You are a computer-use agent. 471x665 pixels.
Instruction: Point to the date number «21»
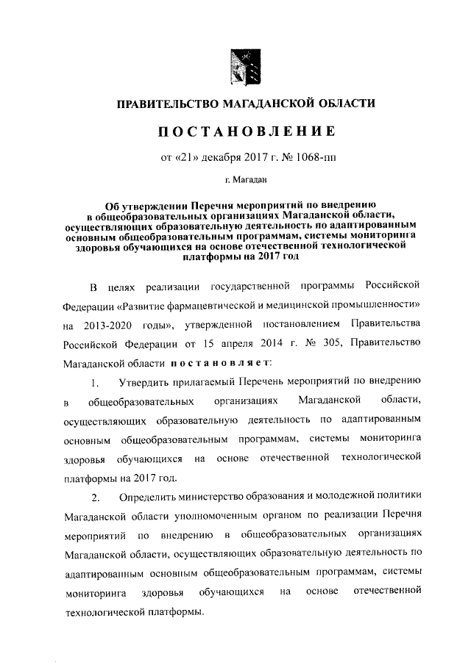[188, 157]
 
